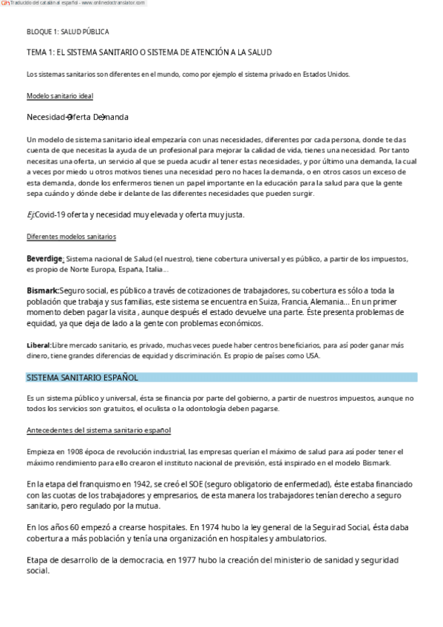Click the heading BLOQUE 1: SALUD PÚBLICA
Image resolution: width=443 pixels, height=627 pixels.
67,32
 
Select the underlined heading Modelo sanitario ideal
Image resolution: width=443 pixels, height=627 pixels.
59,96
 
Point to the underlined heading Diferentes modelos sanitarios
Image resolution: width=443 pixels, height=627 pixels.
71,237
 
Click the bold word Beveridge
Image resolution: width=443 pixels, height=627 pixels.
44,259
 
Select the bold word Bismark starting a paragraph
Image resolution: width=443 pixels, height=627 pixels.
42,291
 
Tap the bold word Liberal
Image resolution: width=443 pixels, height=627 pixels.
38,345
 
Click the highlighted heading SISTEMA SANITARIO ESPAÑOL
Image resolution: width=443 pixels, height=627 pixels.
82,377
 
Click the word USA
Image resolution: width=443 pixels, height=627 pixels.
313,356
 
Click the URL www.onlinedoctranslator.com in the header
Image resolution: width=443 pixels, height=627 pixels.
112,4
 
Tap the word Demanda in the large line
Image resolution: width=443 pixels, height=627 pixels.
111,118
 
